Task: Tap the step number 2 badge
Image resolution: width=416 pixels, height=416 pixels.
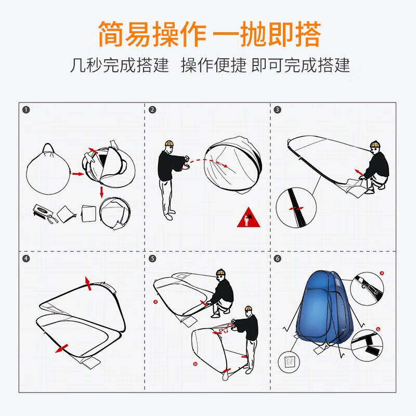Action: (152, 110)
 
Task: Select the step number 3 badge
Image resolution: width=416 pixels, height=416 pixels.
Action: (278, 110)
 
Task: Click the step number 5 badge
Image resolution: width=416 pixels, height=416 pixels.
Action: (152, 258)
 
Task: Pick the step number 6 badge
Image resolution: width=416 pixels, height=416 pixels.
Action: (278, 258)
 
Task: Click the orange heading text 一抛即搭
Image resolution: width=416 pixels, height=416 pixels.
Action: (268, 34)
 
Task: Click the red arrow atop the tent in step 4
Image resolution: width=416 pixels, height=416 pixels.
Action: (88, 283)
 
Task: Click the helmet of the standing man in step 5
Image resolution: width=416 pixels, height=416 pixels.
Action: (251, 310)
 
